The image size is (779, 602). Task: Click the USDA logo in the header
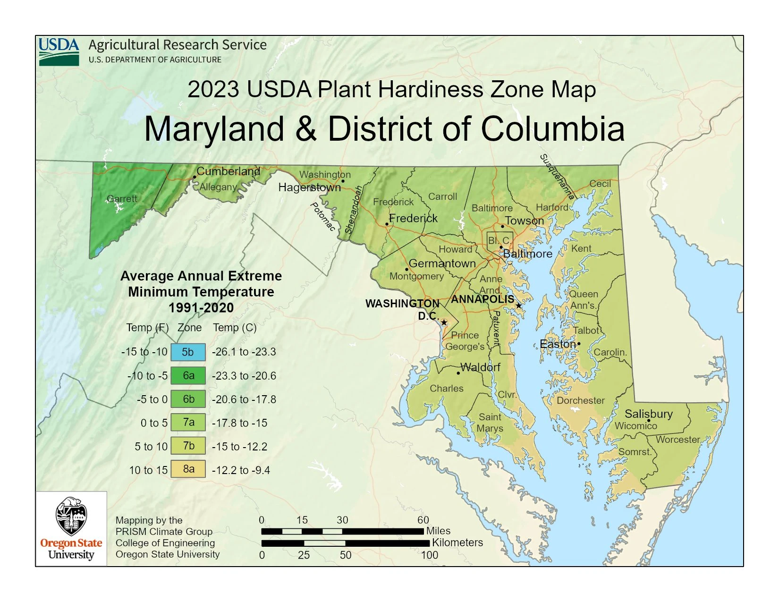click(x=59, y=51)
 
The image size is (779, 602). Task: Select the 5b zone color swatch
click(x=188, y=352)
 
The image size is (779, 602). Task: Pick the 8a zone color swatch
click(x=188, y=469)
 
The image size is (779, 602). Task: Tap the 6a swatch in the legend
click(x=188, y=376)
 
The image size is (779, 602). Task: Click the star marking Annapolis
click(x=519, y=305)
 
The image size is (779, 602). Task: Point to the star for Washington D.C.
click(x=444, y=322)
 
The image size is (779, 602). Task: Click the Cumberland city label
click(x=228, y=171)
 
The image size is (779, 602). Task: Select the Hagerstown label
click(x=309, y=187)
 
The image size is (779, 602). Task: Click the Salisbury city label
click(x=648, y=414)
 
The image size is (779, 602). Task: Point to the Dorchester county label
click(x=580, y=400)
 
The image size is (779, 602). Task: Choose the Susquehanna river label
click(x=557, y=177)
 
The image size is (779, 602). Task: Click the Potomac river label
click(x=322, y=217)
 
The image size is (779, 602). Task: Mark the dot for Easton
click(x=579, y=344)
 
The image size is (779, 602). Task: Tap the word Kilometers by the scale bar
click(x=457, y=543)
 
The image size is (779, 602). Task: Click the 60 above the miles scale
click(x=423, y=520)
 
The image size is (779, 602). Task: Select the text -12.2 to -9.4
click(x=241, y=470)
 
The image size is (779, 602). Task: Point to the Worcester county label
click(x=677, y=440)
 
